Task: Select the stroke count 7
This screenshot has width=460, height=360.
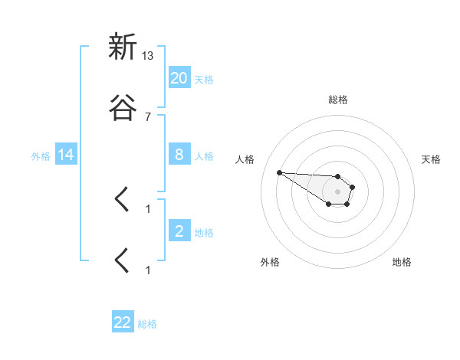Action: coord(148,116)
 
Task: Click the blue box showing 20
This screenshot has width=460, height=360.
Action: coord(179,77)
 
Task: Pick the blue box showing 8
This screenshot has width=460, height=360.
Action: coord(179,155)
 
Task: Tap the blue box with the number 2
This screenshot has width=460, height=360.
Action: coord(179,231)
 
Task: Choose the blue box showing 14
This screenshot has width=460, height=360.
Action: coord(66,155)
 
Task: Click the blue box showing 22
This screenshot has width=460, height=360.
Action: coord(123,322)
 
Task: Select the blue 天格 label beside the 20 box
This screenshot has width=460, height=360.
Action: coord(204,79)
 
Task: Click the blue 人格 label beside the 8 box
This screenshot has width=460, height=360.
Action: coord(204,155)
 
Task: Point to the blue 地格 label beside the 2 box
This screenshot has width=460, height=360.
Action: coord(204,232)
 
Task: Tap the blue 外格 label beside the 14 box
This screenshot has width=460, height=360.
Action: coord(41,155)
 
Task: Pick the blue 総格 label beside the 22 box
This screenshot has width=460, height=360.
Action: coord(147,324)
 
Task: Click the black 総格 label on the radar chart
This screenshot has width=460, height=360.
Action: coord(338,100)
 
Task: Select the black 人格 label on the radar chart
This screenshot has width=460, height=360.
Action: coord(245,159)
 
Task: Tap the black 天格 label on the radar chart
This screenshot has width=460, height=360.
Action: coord(432,159)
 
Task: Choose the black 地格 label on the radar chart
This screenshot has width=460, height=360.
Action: coord(402,262)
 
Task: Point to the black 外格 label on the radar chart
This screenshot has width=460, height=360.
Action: coord(270,262)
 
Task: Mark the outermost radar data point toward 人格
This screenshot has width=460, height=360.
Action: coord(279,172)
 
